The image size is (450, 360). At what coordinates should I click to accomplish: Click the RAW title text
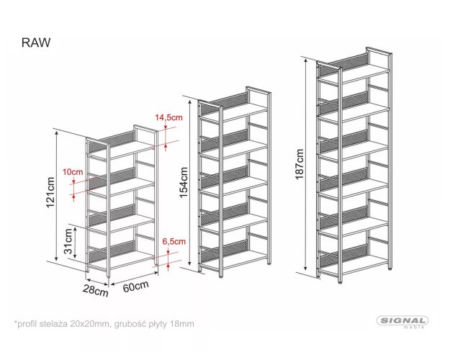[36, 42]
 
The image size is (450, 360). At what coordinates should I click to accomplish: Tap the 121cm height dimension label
[50, 192]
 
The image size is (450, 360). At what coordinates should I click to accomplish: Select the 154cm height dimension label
[183, 182]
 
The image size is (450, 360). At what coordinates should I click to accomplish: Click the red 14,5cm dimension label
[168, 117]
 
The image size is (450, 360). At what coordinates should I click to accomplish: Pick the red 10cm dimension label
[73, 172]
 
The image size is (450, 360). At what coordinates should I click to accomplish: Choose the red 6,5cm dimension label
[174, 241]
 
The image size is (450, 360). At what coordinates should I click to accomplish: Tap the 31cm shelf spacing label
[68, 241]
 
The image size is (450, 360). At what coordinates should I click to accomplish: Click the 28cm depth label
[96, 291]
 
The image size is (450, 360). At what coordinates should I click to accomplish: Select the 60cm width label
[136, 287]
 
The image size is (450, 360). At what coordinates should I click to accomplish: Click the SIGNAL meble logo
[402, 322]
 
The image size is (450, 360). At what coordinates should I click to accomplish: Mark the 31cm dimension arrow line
[75, 242]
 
